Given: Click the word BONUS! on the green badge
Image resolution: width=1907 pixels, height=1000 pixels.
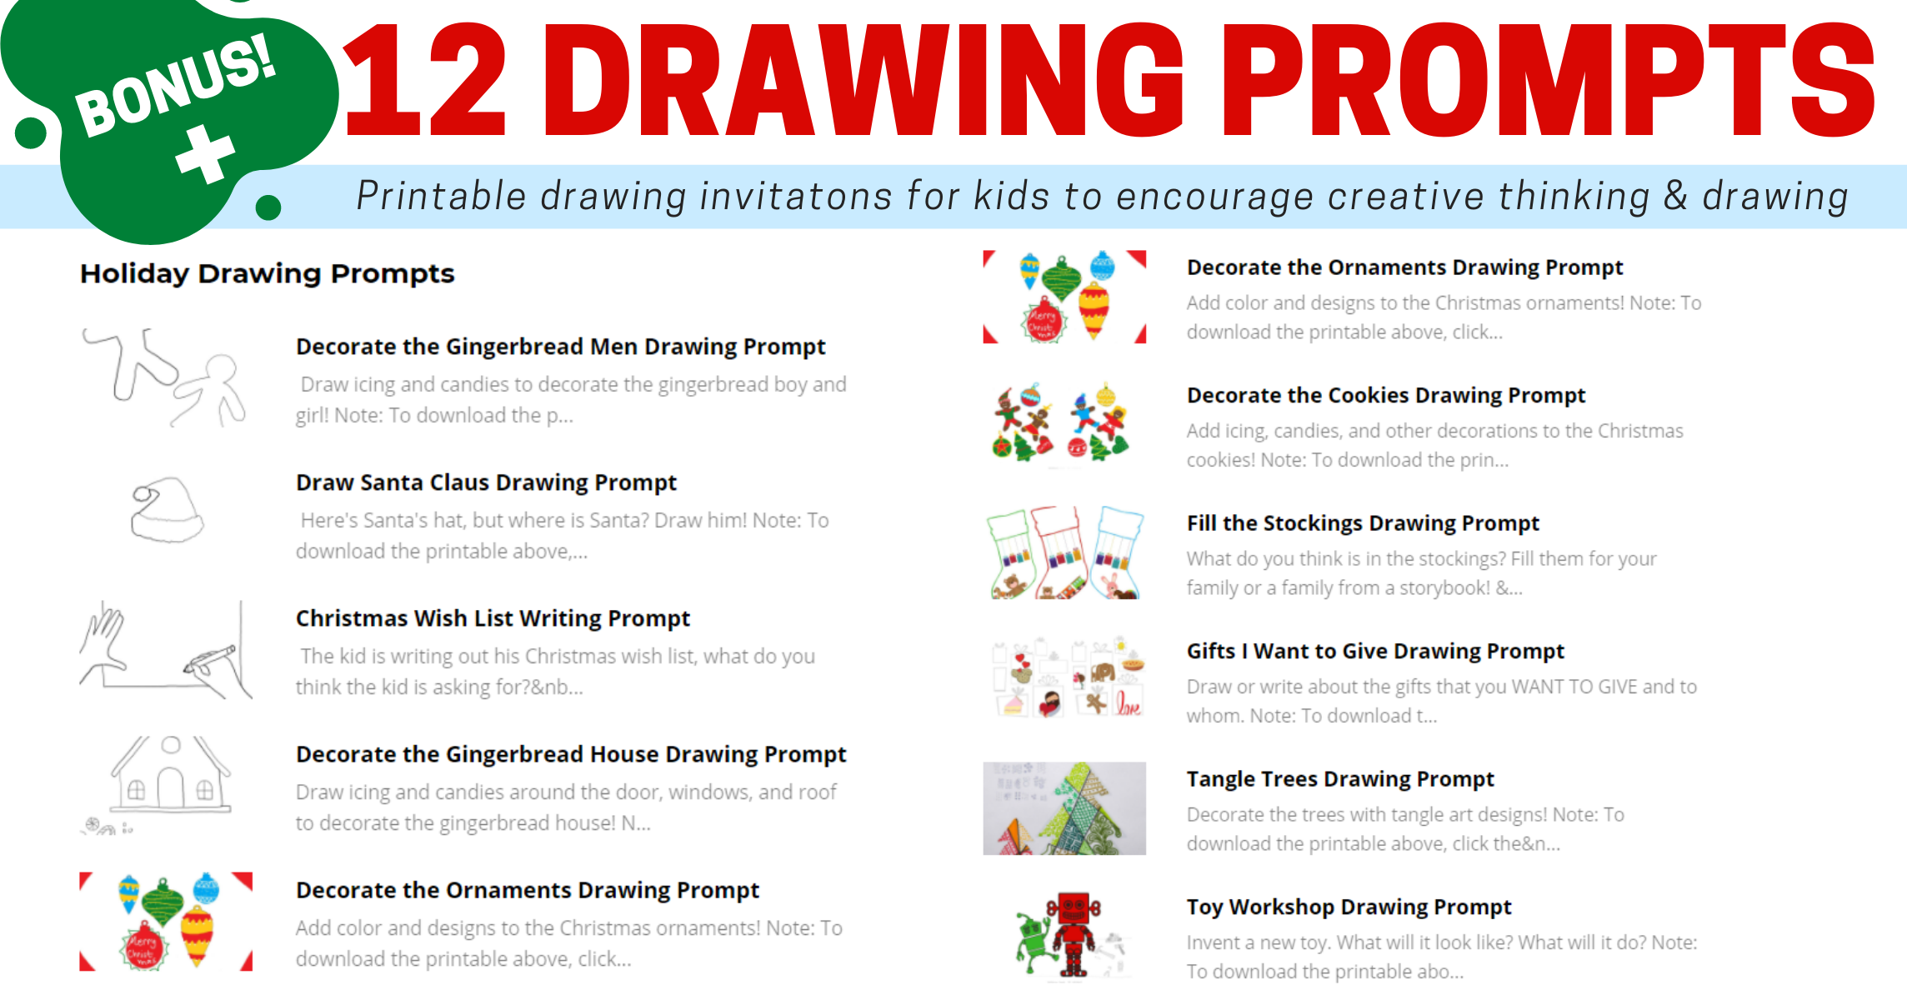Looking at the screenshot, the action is (x=176, y=85).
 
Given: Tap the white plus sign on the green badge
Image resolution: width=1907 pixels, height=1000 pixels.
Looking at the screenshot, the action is (x=206, y=154).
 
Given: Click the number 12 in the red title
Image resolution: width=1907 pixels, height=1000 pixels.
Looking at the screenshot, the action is (x=426, y=80).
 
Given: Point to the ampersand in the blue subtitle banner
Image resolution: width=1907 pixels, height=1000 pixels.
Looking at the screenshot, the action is (x=1675, y=196).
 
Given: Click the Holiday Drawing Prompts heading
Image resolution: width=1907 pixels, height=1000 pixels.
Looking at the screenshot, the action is (x=267, y=273).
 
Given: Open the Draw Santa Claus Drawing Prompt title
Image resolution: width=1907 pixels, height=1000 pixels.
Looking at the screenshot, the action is (x=486, y=482).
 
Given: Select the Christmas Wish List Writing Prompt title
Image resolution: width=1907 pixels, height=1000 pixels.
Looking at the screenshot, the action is (x=493, y=618).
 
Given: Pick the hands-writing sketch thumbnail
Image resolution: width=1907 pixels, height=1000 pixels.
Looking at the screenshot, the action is (x=166, y=651).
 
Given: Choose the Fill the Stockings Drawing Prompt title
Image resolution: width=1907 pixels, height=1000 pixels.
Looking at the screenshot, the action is (x=1363, y=523).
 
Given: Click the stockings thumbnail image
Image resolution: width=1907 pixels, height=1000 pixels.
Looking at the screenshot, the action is (x=1064, y=552).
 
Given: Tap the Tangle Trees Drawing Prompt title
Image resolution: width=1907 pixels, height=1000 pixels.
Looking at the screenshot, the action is (x=1340, y=779).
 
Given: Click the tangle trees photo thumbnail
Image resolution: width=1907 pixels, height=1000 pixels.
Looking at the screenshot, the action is (x=1064, y=808).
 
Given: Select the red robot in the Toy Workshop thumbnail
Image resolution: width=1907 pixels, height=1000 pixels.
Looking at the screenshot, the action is (x=1074, y=933).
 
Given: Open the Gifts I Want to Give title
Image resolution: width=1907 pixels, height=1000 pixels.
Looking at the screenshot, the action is (x=1375, y=651).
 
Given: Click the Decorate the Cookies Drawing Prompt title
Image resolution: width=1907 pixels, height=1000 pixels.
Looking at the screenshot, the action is (x=1386, y=395).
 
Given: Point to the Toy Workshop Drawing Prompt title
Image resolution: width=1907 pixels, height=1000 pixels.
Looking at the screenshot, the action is (x=1349, y=907).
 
